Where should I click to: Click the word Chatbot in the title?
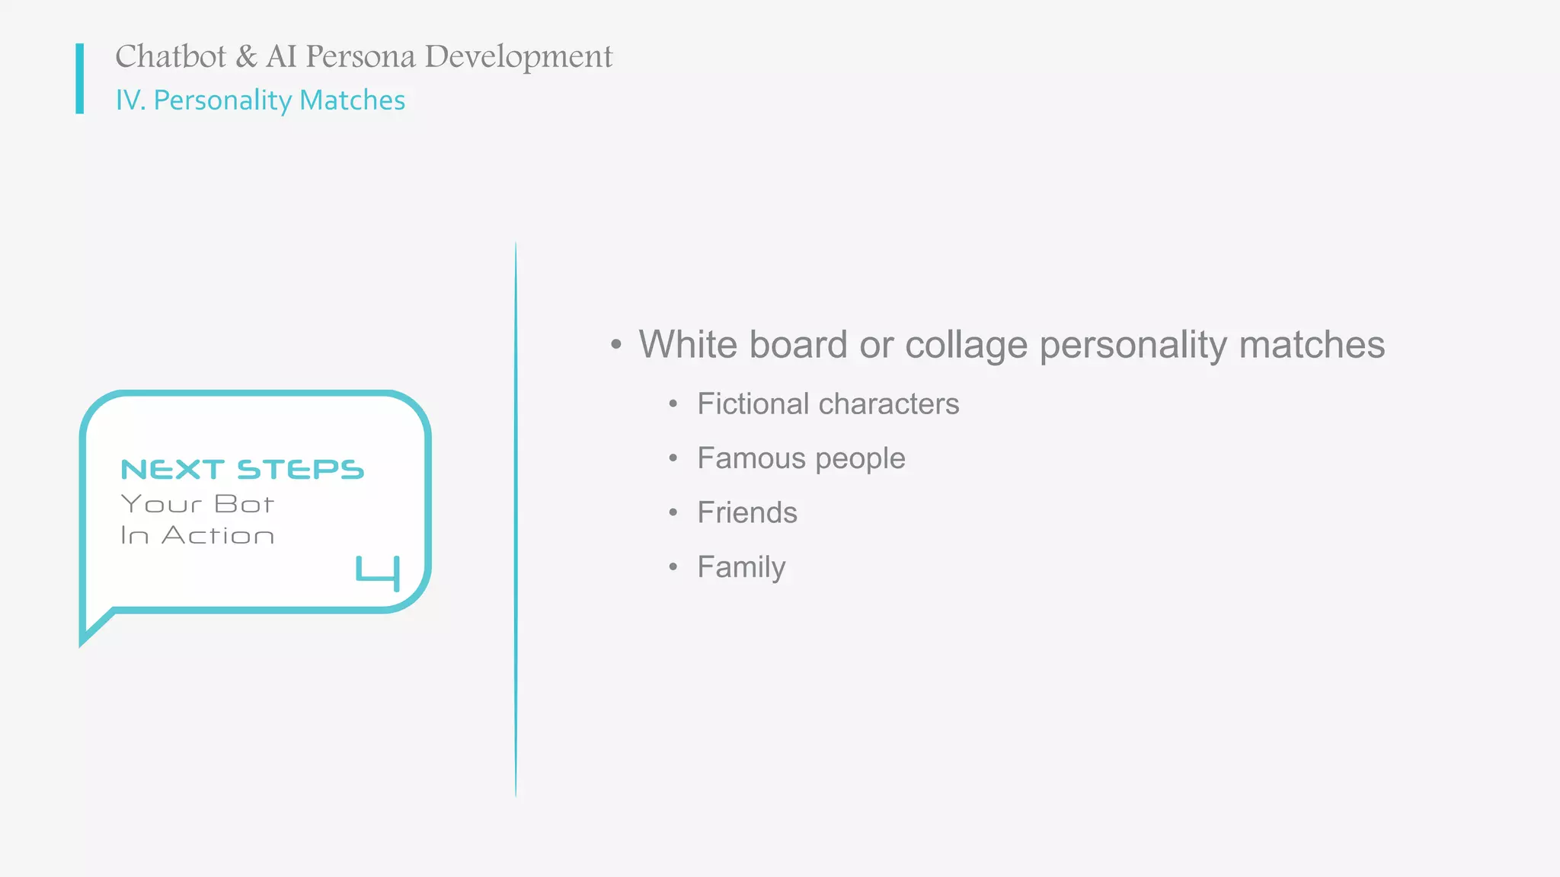pyautogui.click(x=171, y=57)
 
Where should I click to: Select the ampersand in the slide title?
pyautogui.click(x=246, y=57)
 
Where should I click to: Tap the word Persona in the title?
pyautogui.click(x=360, y=57)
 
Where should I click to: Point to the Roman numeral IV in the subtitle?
pyautogui.click(x=129, y=100)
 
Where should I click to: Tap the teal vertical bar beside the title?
pyautogui.click(x=79, y=78)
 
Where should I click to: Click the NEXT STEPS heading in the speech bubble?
pyautogui.click(x=242, y=470)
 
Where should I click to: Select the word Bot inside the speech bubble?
pyautogui.click(x=244, y=504)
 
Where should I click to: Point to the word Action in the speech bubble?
pyautogui.click(x=218, y=536)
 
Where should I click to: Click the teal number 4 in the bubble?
pyautogui.click(x=379, y=573)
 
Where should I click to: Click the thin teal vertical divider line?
pyautogui.click(x=516, y=518)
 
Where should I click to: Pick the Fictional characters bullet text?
pyautogui.click(x=828, y=404)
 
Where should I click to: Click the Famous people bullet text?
pyautogui.click(x=801, y=459)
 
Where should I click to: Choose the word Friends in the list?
pyautogui.click(x=747, y=513)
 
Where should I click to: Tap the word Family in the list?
pyautogui.click(x=741, y=568)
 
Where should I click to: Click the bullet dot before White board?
pyautogui.click(x=616, y=345)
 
